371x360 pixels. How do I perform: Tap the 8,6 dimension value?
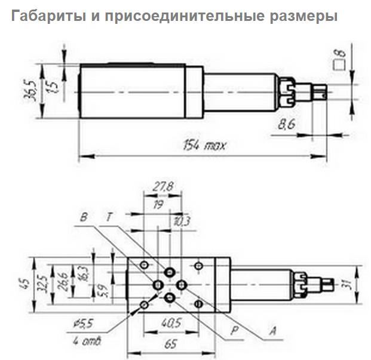coord(288,124)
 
